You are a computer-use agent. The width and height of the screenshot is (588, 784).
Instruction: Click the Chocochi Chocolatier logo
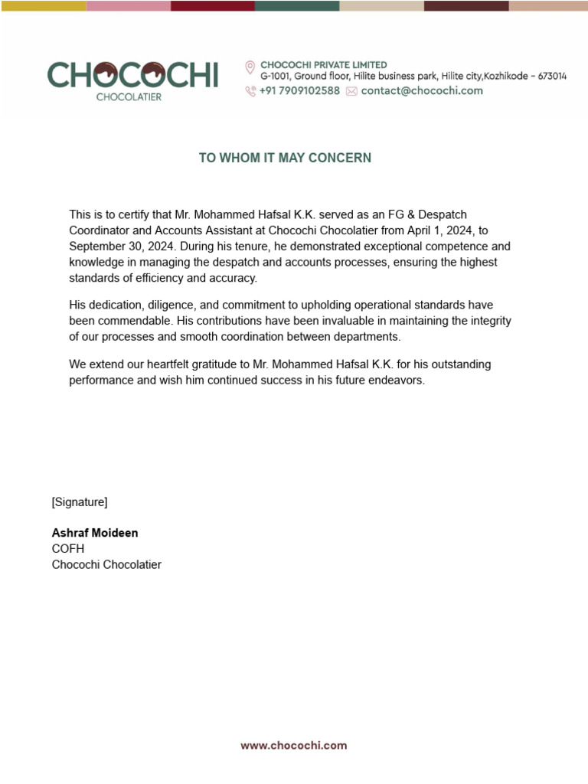[x=132, y=80]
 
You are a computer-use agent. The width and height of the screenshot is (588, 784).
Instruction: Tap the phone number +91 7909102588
[x=299, y=90]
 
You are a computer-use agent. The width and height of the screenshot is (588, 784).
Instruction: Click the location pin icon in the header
[x=250, y=67]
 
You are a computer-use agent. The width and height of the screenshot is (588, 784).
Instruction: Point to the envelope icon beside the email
[x=351, y=91]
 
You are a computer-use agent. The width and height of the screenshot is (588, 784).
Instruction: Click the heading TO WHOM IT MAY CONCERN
[x=285, y=158]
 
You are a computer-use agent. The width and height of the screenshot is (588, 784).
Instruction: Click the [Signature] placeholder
[x=80, y=502]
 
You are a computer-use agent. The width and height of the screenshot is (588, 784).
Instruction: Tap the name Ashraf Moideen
[x=95, y=533]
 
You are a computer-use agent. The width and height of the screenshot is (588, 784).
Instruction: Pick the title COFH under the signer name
[x=68, y=549]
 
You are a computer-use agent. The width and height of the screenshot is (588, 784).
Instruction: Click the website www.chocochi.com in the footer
[x=294, y=745]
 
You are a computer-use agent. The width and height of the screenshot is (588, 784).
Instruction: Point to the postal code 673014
[x=549, y=77]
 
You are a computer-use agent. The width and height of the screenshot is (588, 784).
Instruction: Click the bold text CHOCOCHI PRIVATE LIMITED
[x=324, y=65]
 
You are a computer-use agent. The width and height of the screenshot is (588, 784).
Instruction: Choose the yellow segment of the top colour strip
[x=43, y=5]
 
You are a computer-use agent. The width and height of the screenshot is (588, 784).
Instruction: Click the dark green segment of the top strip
[x=297, y=5]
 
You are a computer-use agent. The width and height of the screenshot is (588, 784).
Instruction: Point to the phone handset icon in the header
[x=250, y=91]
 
